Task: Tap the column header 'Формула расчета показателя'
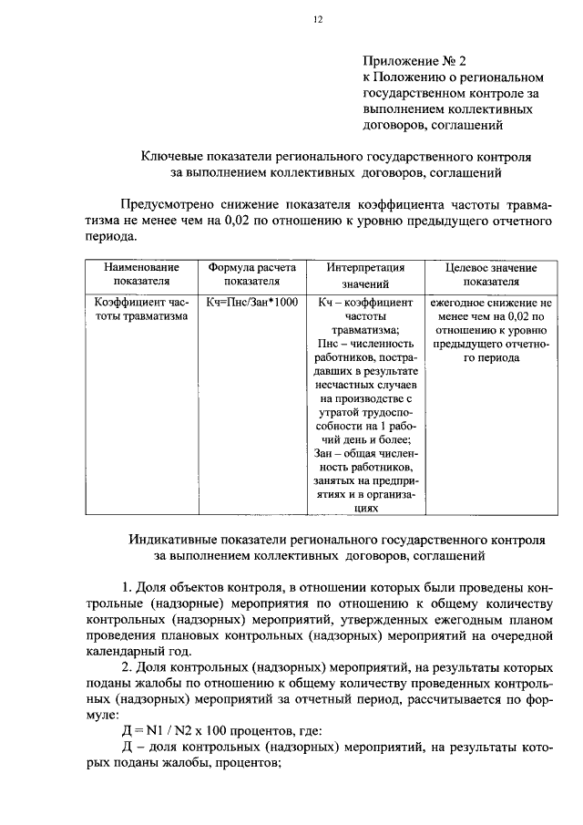tap(252, 275)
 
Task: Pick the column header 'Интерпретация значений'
tap(365, 275)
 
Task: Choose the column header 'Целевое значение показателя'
tap(491, 275)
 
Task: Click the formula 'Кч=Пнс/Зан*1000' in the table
tap(252, 301)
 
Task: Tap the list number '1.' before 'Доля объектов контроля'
tap(128, 583)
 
